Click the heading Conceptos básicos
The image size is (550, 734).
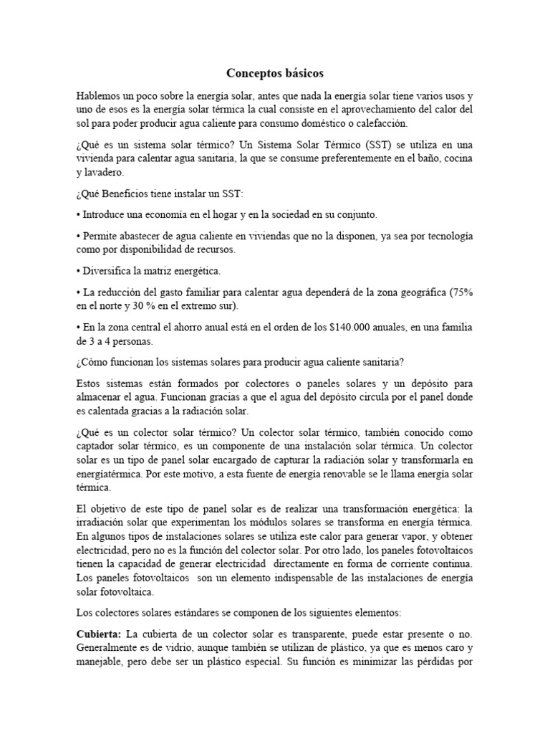click(x=275, y=73)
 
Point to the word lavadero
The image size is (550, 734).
click(x=108, y=172)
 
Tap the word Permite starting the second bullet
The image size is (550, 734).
click(x=101, y=236)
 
